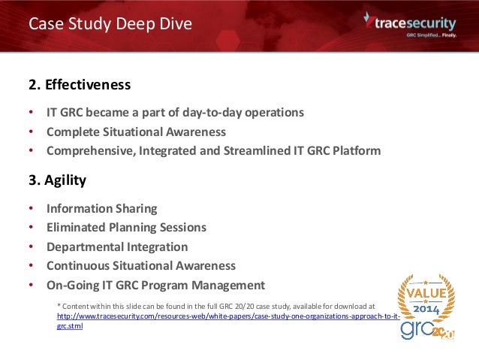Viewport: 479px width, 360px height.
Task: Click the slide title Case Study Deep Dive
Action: (110, 24)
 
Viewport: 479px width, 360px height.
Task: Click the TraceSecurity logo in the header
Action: (408, 23)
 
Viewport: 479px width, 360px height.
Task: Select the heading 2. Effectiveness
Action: (80, 83)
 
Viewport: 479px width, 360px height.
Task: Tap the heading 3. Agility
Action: (57, 180)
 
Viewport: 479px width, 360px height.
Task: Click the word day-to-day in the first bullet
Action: (203, 113)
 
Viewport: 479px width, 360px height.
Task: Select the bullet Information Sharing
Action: (101, 208)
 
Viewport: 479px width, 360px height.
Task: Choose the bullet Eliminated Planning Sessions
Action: (126, 227)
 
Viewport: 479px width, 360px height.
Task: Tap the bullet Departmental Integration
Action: (117, 247)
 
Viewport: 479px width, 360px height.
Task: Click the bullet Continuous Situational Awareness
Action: (140, 265)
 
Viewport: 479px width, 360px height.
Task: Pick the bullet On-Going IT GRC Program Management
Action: (155, 285)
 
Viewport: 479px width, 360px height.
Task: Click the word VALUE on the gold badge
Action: (426, 291)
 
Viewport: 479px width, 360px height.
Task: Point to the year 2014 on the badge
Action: (426, 307)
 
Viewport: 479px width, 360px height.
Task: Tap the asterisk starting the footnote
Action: (59, 306)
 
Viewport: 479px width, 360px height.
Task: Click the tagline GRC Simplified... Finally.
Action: (431, 35)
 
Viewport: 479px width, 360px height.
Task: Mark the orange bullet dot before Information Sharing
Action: (31, 208)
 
